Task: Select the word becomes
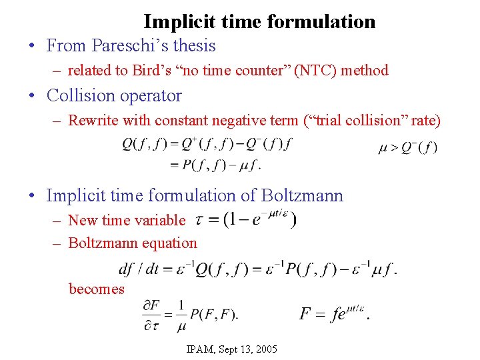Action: pyautogui.click(x=97, y=289)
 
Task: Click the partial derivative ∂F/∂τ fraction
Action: pyautogui.click(x=153, y=313)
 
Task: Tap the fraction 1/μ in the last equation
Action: pyautogui.click(x=181, y=313)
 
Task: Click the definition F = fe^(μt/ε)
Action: pyautogui.click(x=333, y=312)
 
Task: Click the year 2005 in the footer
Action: pyautogui.click(x=265, y=349)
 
